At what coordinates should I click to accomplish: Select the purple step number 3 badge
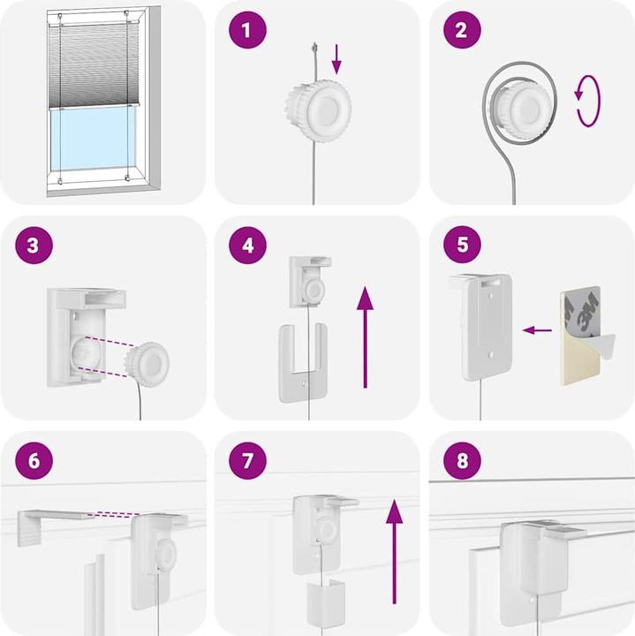point(33,245)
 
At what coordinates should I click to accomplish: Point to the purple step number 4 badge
point(246,245)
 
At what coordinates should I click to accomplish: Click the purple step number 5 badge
point(461,245)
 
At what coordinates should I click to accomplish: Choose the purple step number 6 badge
point(33,460)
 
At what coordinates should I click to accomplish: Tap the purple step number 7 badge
point(246,460)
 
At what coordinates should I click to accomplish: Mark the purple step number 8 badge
point(461,460)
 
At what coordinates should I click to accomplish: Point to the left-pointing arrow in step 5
point(536,330)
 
